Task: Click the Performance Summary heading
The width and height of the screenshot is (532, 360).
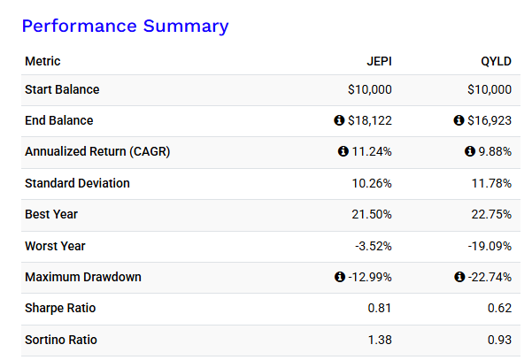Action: pyautogui.click(x=125, y=26)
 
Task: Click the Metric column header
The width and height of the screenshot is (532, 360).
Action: pyautogui.click(x=43, y=61)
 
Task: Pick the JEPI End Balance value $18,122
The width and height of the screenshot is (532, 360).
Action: pyautogui.click(x=370, y=120)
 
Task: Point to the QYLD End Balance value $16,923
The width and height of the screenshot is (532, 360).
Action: pyautogui.click(x=490, y=120)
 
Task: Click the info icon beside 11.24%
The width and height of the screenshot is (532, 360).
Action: pyautogui.click(x=343, y=152)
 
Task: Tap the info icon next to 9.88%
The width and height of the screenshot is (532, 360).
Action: pyautogui.click(x=470, y=152)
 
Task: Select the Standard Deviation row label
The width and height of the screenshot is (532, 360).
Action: pyautogui.click(x=78, y=183)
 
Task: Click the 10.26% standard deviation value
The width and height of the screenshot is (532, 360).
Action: pyautogui.click(x=372, y=183)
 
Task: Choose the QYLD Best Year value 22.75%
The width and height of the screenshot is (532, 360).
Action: pyautogui.click(x=491, y=215)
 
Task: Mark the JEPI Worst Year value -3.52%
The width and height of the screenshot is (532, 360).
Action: pyautogui.click(x=374, y=246)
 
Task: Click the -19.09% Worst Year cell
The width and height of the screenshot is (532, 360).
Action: pyautogui.click(x=490, y=246)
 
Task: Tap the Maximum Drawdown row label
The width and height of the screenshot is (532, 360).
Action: pyautogui.click(x=83, y=277)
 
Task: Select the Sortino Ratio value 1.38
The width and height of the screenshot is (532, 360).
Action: pyautogui.click(x=379, y=340)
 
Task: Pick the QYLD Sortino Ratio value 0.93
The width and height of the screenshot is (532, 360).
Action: pyautogui.click(x=498, y=340)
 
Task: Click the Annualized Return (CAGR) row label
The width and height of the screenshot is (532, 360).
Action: pyautogui.click(x=97, y=151)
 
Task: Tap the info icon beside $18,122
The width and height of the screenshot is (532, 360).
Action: pyautogui.click(x=339, y=120)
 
